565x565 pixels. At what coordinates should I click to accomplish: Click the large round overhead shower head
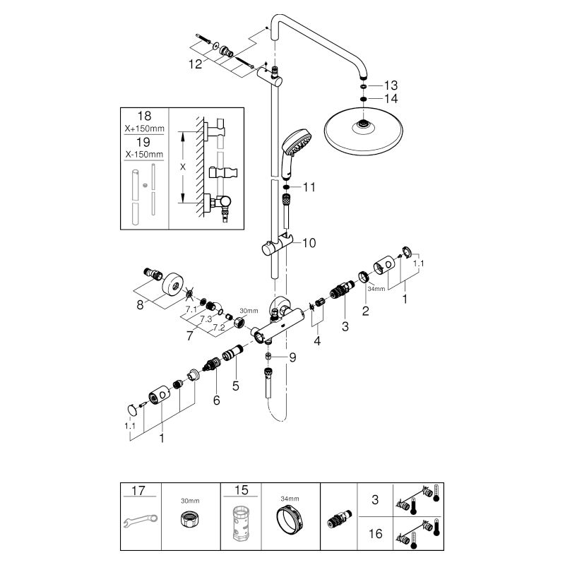point(364,132)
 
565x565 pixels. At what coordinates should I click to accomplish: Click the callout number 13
point(391,85)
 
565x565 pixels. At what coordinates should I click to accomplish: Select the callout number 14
point(391,99)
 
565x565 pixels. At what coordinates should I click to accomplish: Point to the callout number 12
point(196,64)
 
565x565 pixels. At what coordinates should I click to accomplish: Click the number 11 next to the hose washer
point(309,187)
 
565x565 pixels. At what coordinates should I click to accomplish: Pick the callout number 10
point(309,243)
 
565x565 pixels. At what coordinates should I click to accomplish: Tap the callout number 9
point(292,357)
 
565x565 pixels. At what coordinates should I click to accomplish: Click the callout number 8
point(140,305)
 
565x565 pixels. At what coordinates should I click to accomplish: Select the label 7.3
point(206,319)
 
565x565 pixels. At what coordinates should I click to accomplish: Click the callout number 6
point(216,400)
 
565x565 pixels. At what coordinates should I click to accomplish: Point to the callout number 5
point(236,386)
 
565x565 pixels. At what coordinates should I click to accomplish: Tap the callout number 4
point(317,340)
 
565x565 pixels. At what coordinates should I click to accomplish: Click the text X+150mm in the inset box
point(145,129)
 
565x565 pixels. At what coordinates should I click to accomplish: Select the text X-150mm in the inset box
point(144,155)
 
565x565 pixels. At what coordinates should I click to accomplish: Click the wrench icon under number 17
point(140,521)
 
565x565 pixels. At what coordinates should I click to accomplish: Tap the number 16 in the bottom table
point(375,533)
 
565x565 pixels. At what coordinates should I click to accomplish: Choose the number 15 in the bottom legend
point(241,490)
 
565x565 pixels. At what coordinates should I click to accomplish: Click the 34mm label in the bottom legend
point(290,499)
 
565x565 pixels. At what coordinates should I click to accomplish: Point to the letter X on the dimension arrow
point(183,167)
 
